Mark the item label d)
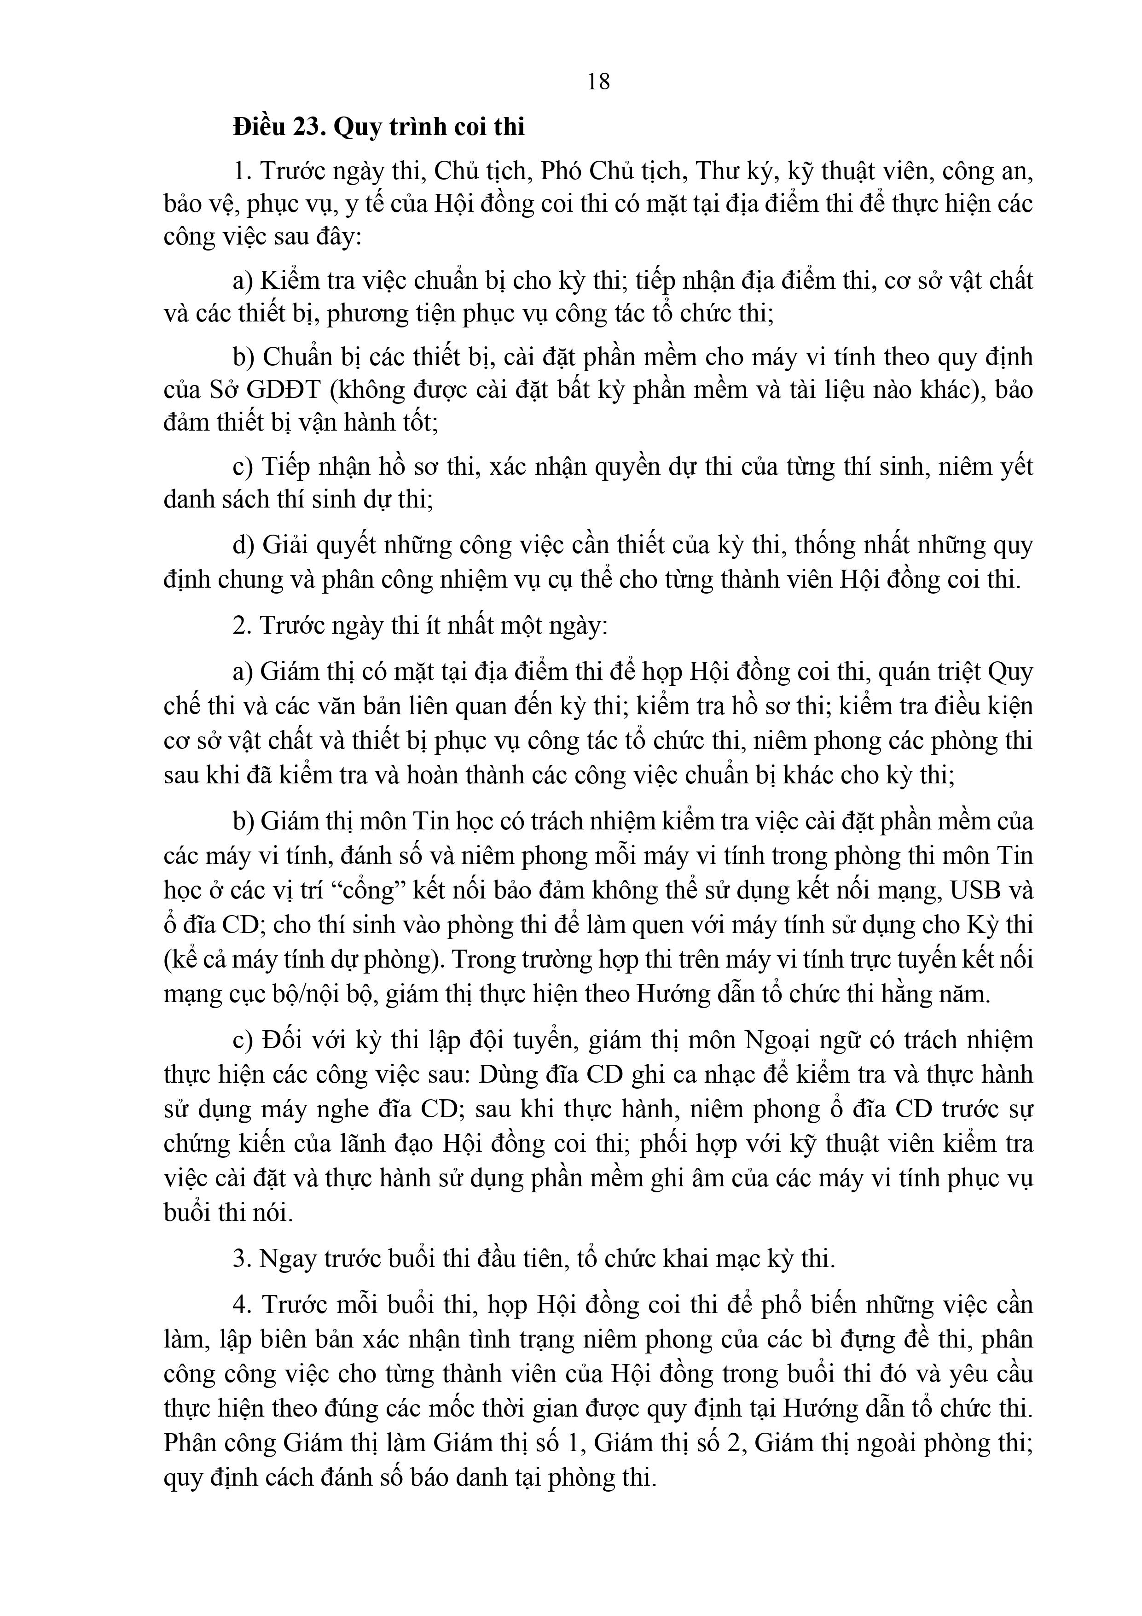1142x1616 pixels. coord(243,545)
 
